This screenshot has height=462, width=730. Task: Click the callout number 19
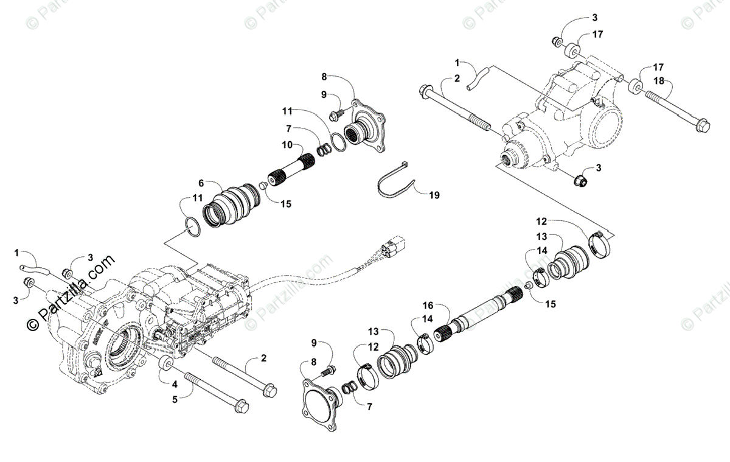point(434,195)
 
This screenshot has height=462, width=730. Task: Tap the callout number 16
point(428,304)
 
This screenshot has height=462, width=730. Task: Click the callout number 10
point(287,145)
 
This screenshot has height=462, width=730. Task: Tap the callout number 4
point(175,383)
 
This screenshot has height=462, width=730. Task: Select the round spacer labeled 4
point(164,365)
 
